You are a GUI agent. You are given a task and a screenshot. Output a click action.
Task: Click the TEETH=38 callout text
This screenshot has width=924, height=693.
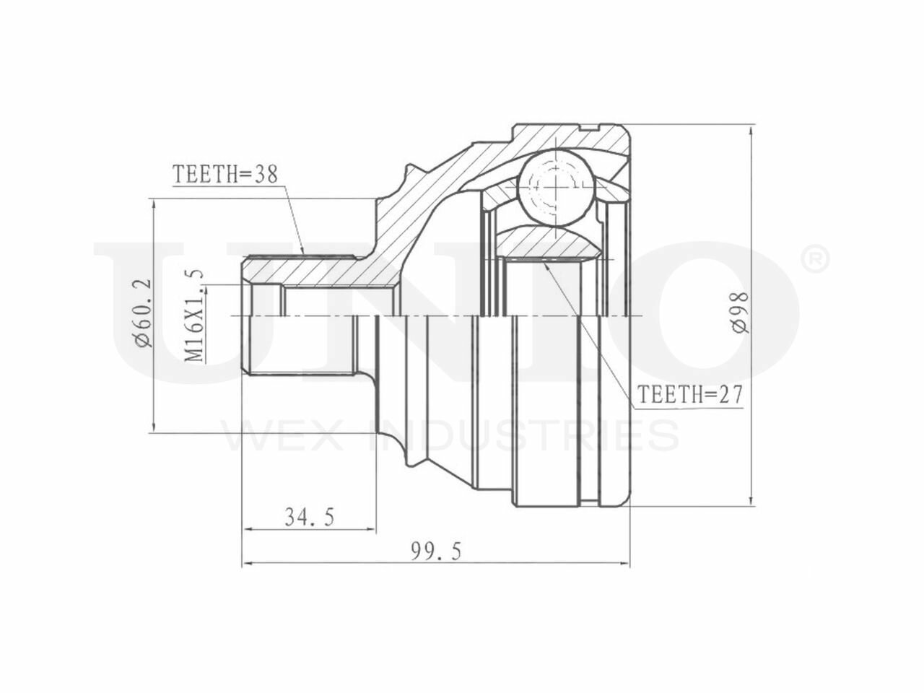click(226, 174)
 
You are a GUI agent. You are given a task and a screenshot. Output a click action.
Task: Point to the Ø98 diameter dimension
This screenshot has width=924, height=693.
click(740, 313)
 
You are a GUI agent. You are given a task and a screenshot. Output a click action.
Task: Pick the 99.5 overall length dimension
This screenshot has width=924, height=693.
click(437, 552)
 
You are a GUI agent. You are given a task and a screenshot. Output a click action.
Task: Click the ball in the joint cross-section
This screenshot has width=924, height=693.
click(556, 187)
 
